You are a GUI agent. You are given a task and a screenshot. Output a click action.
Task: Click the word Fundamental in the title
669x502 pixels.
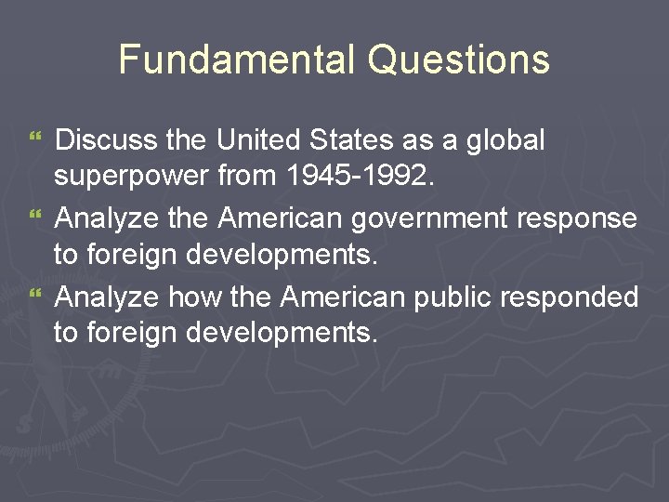click(238, 60)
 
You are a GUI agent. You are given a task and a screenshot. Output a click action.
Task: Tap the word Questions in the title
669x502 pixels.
click(458, 60)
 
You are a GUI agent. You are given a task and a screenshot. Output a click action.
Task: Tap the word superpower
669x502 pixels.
click(131, 176)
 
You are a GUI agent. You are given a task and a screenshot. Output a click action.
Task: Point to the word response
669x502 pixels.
click(582, 219)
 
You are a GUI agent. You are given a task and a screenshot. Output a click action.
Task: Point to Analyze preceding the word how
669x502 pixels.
click(107, 297)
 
